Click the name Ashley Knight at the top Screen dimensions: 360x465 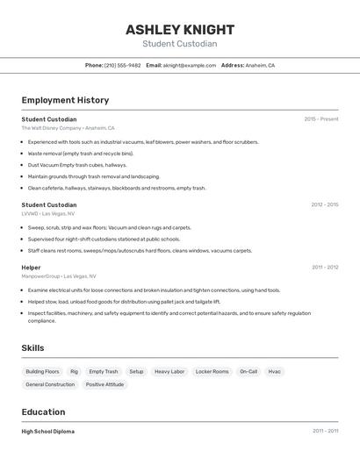point(179,29)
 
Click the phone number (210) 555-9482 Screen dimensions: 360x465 point(122,65)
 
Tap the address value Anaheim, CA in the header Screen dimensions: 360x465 point(260,65)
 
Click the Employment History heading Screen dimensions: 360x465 point(65,100)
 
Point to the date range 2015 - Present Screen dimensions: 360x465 point(320,118)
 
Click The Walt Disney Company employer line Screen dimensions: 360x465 point(68,127)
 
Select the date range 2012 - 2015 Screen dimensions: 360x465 point(324,204)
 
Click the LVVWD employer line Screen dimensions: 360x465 point(47,213)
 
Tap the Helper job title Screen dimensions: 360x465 point(31,267)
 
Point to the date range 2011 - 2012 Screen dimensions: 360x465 point(324,267)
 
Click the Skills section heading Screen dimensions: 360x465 point(32,348)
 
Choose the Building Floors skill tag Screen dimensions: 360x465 point(42,372)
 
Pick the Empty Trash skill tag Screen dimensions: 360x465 point(103,372)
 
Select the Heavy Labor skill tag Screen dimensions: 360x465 point(169,372)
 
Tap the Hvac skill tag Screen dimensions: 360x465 point(275,372)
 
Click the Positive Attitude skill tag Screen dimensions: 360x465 point(104,384)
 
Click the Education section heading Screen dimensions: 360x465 point(43,411)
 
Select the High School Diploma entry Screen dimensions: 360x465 point(47,431)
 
